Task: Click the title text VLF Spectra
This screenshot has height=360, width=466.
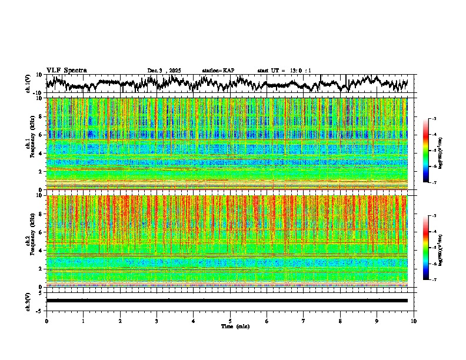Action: coord(66,71)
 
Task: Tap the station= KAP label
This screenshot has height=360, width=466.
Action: coord(218,71)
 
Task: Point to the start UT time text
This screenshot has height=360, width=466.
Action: coord(284,71)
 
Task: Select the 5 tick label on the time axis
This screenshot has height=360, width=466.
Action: coord(230,321)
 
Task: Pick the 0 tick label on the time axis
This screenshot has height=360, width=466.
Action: coord(46,321)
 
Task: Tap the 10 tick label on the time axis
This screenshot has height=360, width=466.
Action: coord(414,321)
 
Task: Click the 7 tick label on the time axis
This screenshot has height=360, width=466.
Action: coord(304,321)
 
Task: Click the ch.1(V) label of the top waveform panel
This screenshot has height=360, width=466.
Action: coord(28,84)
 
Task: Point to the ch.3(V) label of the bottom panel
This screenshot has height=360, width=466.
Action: coord(28,300)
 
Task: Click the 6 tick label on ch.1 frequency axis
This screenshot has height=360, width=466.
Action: coord(41,135)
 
